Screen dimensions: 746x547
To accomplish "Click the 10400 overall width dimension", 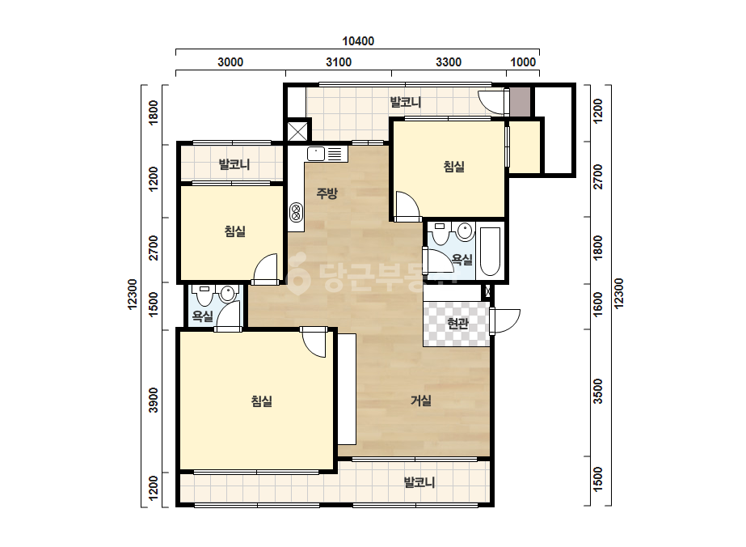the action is (358, 41).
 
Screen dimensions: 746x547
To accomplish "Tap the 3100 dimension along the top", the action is (339, 62).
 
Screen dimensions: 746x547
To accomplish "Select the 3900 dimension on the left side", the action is (154, 401).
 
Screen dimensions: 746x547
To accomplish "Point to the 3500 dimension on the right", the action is (598, 391).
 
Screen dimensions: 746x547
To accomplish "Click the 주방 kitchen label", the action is (327, 193).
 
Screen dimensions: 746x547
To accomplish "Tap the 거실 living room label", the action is (421, 401).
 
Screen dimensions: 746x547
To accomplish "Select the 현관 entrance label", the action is (457, 324).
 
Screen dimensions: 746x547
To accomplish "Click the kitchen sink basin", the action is (316, 154).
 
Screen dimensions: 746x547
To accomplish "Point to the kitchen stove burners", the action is (296, 212).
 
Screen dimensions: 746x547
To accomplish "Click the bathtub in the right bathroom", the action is (490, 252).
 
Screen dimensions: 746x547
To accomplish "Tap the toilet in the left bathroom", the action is (205, 295).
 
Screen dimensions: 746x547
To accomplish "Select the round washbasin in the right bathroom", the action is (465, 231).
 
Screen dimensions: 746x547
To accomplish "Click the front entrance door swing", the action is (505, 321).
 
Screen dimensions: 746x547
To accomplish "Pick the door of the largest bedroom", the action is (314, 342).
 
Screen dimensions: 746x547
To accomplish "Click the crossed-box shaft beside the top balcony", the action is (297, 131).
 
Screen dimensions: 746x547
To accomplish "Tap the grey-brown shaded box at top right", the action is (520, 101).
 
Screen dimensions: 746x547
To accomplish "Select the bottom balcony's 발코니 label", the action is (419, 483).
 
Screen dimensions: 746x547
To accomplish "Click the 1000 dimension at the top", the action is (523, 62).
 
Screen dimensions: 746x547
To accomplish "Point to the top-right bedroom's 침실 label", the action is (454, 167).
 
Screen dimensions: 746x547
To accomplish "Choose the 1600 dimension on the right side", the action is (598, 303).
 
